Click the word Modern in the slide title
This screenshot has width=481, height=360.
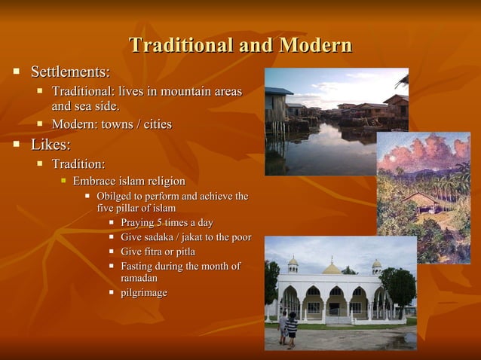(x=315, y=45)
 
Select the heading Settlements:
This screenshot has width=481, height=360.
(x=70, y=72)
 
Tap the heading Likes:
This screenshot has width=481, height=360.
(x=51, y=144)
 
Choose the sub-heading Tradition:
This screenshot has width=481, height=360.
(x=78, y=163)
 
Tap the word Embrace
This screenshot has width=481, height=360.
(x=95, y=182)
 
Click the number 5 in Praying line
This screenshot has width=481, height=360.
(x=158, y=223)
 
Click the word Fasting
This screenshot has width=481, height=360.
(x=139, y=266)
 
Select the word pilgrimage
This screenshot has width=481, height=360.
(x=144, y=292)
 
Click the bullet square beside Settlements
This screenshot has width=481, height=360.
(x=15, y=72)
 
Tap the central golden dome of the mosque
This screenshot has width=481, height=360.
(x=332, y=267)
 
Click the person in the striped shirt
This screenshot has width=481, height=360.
(x=292, y=328)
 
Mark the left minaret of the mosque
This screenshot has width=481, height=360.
(x=293, y=264)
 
